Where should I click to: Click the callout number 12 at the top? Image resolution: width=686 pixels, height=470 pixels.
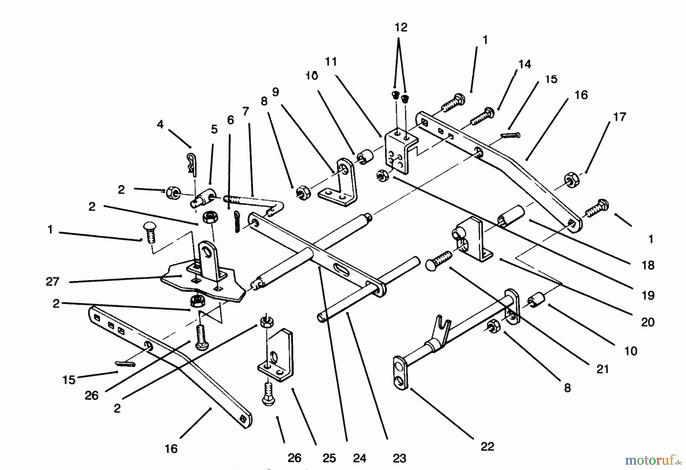[401, 27]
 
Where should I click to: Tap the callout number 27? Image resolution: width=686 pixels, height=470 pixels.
[52, 281]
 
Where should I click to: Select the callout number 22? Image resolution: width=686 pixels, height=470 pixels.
[487, 446]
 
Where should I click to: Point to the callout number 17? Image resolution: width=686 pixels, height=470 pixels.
[619, 117]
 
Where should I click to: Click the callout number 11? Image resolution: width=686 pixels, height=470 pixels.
[331, 61]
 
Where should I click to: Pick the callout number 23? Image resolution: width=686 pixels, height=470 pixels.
[399, 458]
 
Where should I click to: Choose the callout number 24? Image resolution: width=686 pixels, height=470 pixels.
[359, 458]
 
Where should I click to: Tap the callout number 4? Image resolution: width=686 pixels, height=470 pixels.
[160, 124]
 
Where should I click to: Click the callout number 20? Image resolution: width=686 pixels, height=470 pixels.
[648, 322]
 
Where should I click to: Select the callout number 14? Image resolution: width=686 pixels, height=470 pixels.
[524, 64]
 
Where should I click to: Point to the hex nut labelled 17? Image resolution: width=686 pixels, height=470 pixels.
[570, 180]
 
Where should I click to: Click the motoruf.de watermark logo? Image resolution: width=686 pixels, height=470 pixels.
[652, 460]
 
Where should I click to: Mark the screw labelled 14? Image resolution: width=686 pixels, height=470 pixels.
[482, 116]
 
